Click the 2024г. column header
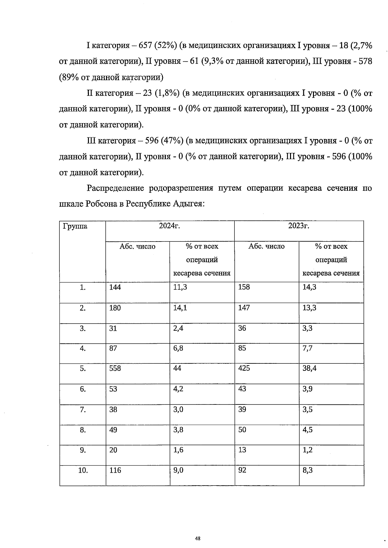[169, 226]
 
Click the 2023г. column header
[299, 226]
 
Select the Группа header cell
[75, 226]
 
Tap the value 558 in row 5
[115, 368]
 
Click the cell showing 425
[244, 368]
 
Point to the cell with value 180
[115, 308]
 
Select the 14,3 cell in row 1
[309, 287]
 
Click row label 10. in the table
[83, 470]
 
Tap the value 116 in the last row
[115, 470]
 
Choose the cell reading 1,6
[178, 450]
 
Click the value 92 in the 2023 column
[242, 470]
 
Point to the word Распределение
[115, 188]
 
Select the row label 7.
[83, 410]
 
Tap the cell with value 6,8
[178, 348]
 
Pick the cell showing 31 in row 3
[113, 328]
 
